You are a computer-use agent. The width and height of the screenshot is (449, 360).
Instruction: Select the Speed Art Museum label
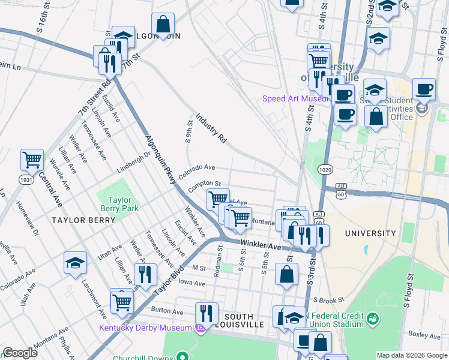coord(294,98)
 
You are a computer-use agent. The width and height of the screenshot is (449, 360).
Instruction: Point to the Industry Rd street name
coord(211,127)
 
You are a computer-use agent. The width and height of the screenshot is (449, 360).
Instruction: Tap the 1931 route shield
coord(25,180)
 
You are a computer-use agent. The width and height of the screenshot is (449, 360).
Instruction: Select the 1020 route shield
coord(325,170)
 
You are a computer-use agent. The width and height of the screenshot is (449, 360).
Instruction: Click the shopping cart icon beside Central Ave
coord(32,160)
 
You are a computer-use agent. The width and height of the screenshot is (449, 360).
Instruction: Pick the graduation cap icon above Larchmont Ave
coord(76,262)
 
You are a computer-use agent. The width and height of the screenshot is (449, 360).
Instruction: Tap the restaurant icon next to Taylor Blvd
coord(145,274)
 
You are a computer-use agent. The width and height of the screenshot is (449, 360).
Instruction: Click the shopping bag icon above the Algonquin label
coord(163,24)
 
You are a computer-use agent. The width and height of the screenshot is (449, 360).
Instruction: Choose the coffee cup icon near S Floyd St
coord(424,89)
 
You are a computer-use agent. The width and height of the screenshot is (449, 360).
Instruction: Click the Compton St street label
coord(205,187)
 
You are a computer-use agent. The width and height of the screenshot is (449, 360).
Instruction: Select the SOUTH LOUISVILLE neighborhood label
coord(243,320)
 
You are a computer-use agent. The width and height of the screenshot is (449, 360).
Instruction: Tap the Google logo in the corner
coord(19,353)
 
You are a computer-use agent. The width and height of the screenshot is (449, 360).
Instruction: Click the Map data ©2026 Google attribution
coord(411,355)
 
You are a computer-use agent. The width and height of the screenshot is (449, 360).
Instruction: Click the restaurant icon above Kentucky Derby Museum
coord(205,313)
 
